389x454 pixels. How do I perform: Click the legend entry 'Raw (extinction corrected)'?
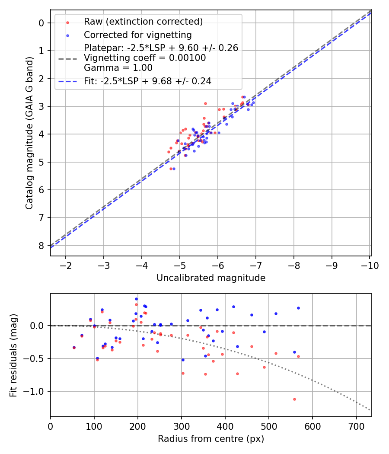point(143,22)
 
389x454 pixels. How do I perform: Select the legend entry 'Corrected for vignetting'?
point(137,35)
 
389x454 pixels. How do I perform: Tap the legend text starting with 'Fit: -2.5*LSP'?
point(147,81)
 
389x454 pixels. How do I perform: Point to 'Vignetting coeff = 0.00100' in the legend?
point(145,58)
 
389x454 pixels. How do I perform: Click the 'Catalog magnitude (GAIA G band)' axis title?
point(29,132)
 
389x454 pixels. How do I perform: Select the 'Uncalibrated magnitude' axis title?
point(210,278)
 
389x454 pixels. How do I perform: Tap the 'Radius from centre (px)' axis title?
point(210,439)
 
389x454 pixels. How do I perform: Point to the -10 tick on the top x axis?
point(370,265)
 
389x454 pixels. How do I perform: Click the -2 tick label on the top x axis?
point(66,265)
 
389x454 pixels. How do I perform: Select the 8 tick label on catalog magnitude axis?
point(41,245)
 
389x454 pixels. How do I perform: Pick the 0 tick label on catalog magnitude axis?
point(41,23)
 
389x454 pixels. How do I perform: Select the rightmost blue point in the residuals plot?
point(298,308)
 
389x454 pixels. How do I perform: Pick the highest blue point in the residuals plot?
point(136,299)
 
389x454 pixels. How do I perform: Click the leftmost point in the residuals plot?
point(74,348)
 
